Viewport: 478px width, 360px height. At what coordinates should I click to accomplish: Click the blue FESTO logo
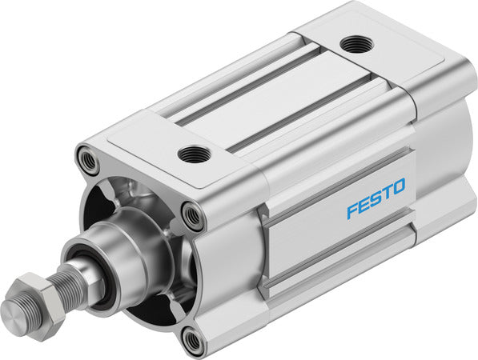(x=376, y=198)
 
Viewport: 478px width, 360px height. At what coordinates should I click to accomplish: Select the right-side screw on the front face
(x=193, y=214)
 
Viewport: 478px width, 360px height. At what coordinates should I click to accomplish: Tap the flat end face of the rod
(x=14, y=310)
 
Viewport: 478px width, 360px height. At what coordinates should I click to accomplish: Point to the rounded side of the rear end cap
(x=448, y=160)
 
